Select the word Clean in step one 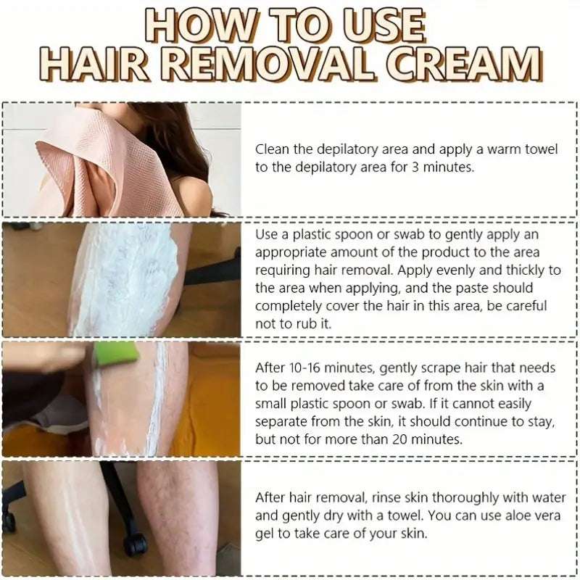point(272,150)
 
